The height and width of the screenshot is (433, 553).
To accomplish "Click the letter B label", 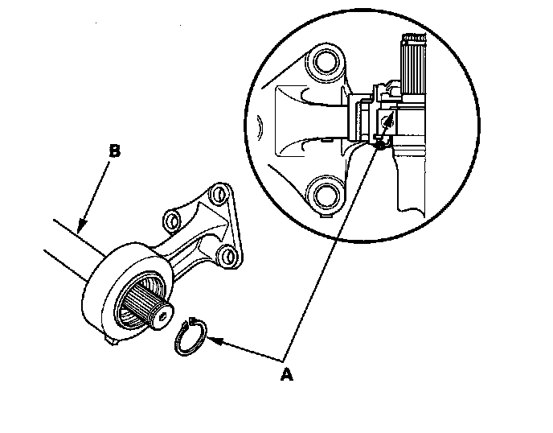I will pos(115,151).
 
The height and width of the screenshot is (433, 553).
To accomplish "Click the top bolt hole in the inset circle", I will pos(326,63).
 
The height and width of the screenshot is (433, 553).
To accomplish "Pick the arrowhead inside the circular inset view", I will pos(389,121).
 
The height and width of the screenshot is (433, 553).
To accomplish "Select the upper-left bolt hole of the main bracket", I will pos(171,217).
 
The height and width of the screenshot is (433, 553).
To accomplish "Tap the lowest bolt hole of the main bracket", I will pos(228,257).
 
